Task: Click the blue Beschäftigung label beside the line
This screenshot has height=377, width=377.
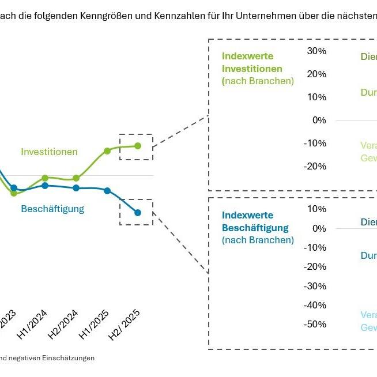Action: pos(52,209)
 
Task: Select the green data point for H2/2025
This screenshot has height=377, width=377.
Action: pos(138,146)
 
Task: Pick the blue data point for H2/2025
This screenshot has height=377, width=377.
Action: pos(138,213)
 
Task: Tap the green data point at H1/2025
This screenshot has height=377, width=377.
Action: pos(107,151)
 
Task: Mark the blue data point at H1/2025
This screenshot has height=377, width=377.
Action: pos(107,191)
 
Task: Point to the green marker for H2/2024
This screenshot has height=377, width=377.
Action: pos(76,178)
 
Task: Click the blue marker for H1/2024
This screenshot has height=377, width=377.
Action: pos(45,186)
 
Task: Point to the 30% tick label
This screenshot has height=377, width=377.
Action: pos(316,51)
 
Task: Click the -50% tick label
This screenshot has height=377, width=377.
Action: pos(314,324)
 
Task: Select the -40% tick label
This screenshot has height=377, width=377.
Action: pos(314,305)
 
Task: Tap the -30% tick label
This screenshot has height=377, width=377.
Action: pos(314,286)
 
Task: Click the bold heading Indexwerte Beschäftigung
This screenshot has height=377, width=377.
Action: pos(255,221)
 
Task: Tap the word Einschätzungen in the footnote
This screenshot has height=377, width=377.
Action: pos(67,358)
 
